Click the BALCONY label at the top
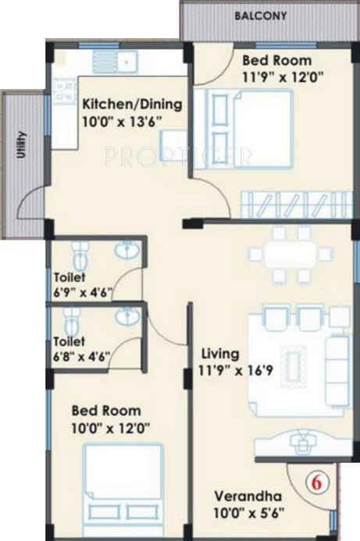pos(263,15)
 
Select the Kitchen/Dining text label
pos(132,104)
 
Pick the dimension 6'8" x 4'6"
pos(82,357)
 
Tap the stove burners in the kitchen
pos(64,87)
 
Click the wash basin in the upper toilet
pos(127,251)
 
